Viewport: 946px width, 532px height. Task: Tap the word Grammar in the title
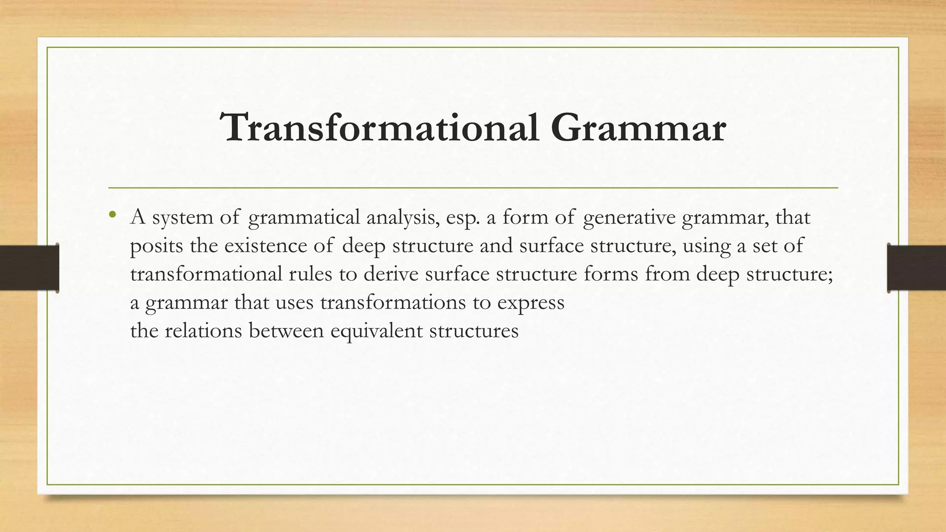coord(638,128)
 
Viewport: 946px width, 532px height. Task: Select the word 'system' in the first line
coord(182,218)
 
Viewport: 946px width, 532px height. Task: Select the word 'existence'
coord(266,246)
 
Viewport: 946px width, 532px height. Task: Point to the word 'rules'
coord(310,274)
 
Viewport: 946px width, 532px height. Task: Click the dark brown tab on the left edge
coord(29,268)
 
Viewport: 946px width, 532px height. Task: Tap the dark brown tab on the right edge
coord(916,268)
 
